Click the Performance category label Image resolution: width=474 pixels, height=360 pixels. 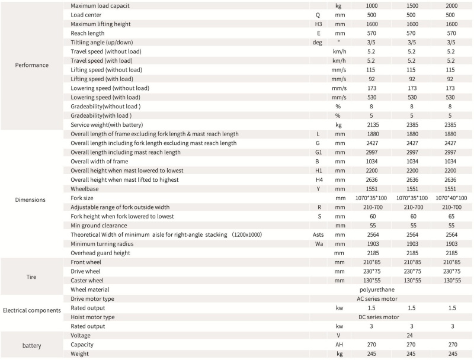click(x=32, y=65)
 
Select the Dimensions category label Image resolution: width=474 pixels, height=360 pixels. click(x=30, y=200)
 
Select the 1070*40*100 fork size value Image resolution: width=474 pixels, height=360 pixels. click(x=451, y=197)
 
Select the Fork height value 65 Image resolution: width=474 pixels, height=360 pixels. click(x=451, y=216)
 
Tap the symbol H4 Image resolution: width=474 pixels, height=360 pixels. click(x=319, y=179)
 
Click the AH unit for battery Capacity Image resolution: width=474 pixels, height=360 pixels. click(x=338, y=344)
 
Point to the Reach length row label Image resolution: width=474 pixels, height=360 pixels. click(x=88, y=33)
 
